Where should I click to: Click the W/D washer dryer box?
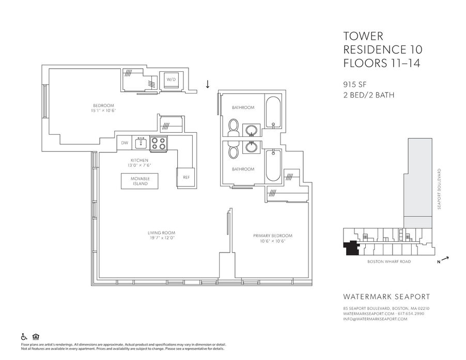click(x=171, y=80)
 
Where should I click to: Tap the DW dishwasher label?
click(x=125, y=143)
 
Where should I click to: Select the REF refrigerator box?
click(x=186, y=177)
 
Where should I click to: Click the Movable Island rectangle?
click(x=139, y=181)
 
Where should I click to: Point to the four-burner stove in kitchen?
click(x=158, y=143)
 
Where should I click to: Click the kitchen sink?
click(x=141, y=143)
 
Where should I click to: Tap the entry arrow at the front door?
click(x=208, y=84)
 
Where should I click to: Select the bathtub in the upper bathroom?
click(x=272, y=113)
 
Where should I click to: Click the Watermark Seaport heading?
click(x=382, y=296)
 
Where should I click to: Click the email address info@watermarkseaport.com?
click(x=375, y=319)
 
